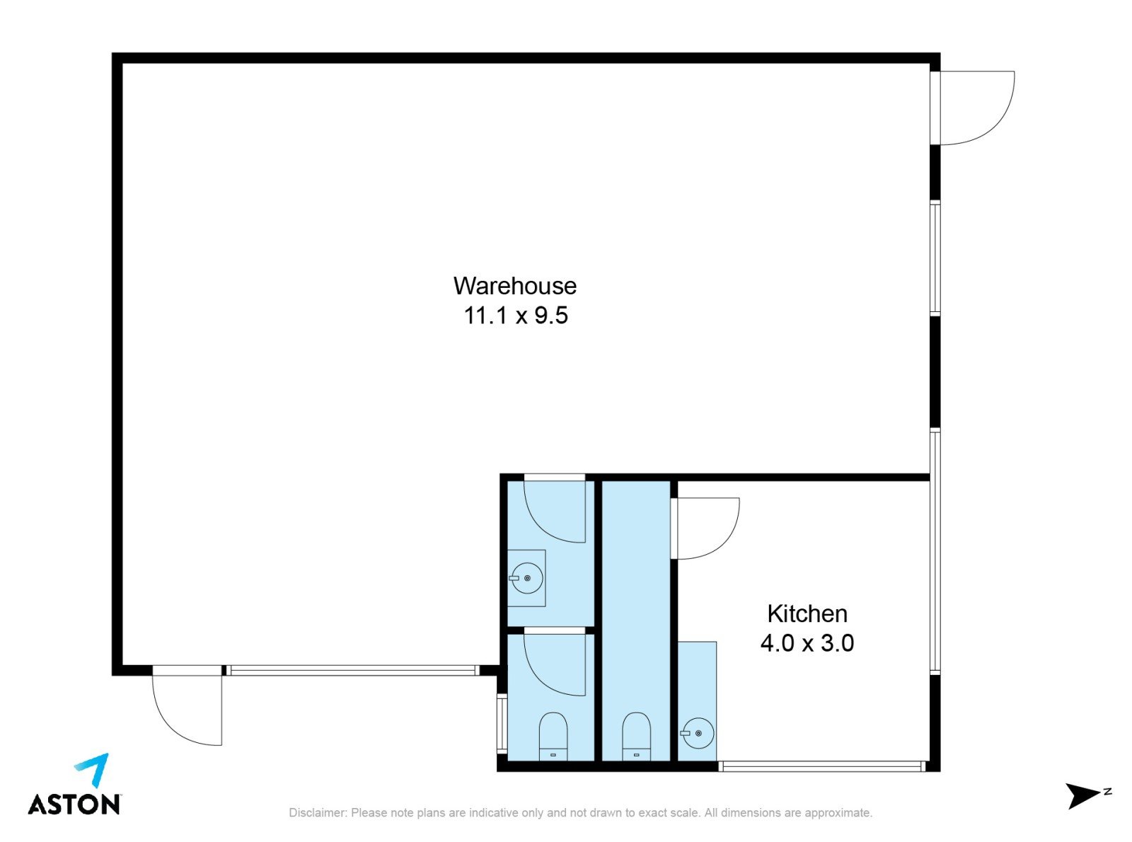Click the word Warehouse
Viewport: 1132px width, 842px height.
point(514,285)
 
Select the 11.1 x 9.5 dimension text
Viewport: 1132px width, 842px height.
point(516,315)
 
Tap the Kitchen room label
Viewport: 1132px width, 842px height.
point(807,613)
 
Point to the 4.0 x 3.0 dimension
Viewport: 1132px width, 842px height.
point(807,643)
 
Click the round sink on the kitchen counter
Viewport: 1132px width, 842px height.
point(698,733)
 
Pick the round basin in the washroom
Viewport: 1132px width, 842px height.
point(526,578)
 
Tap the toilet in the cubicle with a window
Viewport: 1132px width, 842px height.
point(553,737)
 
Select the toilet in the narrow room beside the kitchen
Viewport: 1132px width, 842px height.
point(636,737)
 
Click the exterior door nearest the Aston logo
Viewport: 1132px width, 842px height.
point(187,705)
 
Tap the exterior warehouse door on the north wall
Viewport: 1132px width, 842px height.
point(972,108)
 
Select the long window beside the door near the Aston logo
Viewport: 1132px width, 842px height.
point(353,671)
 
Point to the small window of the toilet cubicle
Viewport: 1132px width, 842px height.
point(502,723)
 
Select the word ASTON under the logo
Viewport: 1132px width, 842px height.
point(74,804)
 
